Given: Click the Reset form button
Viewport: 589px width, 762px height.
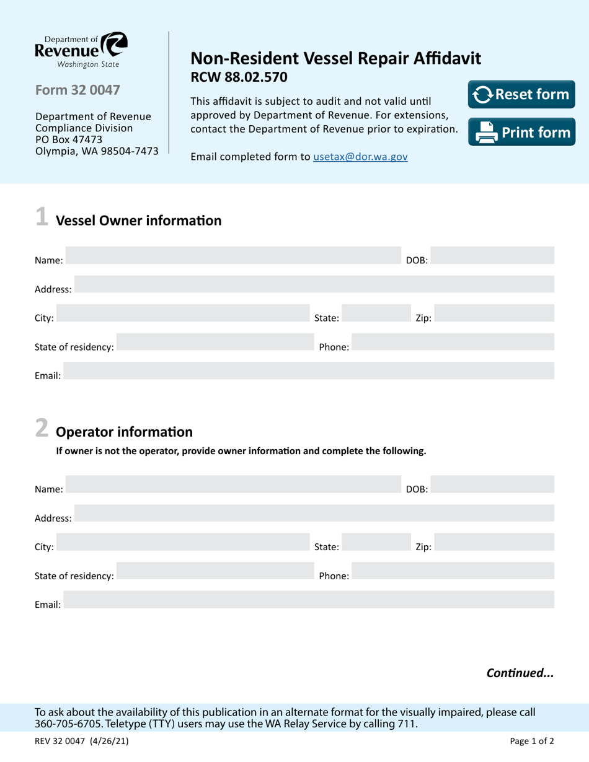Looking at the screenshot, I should [521, 94].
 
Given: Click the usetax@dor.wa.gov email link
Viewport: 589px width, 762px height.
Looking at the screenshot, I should [360, 157].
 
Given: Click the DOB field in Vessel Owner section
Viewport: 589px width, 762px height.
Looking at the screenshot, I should [492, 256].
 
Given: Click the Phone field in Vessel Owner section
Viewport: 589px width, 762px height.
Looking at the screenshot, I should [453, 343].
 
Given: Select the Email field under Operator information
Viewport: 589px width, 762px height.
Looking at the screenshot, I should [309, 600].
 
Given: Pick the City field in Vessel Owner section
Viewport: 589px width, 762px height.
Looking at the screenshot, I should [182, 313].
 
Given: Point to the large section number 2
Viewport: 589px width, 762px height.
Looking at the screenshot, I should [41, 428].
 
